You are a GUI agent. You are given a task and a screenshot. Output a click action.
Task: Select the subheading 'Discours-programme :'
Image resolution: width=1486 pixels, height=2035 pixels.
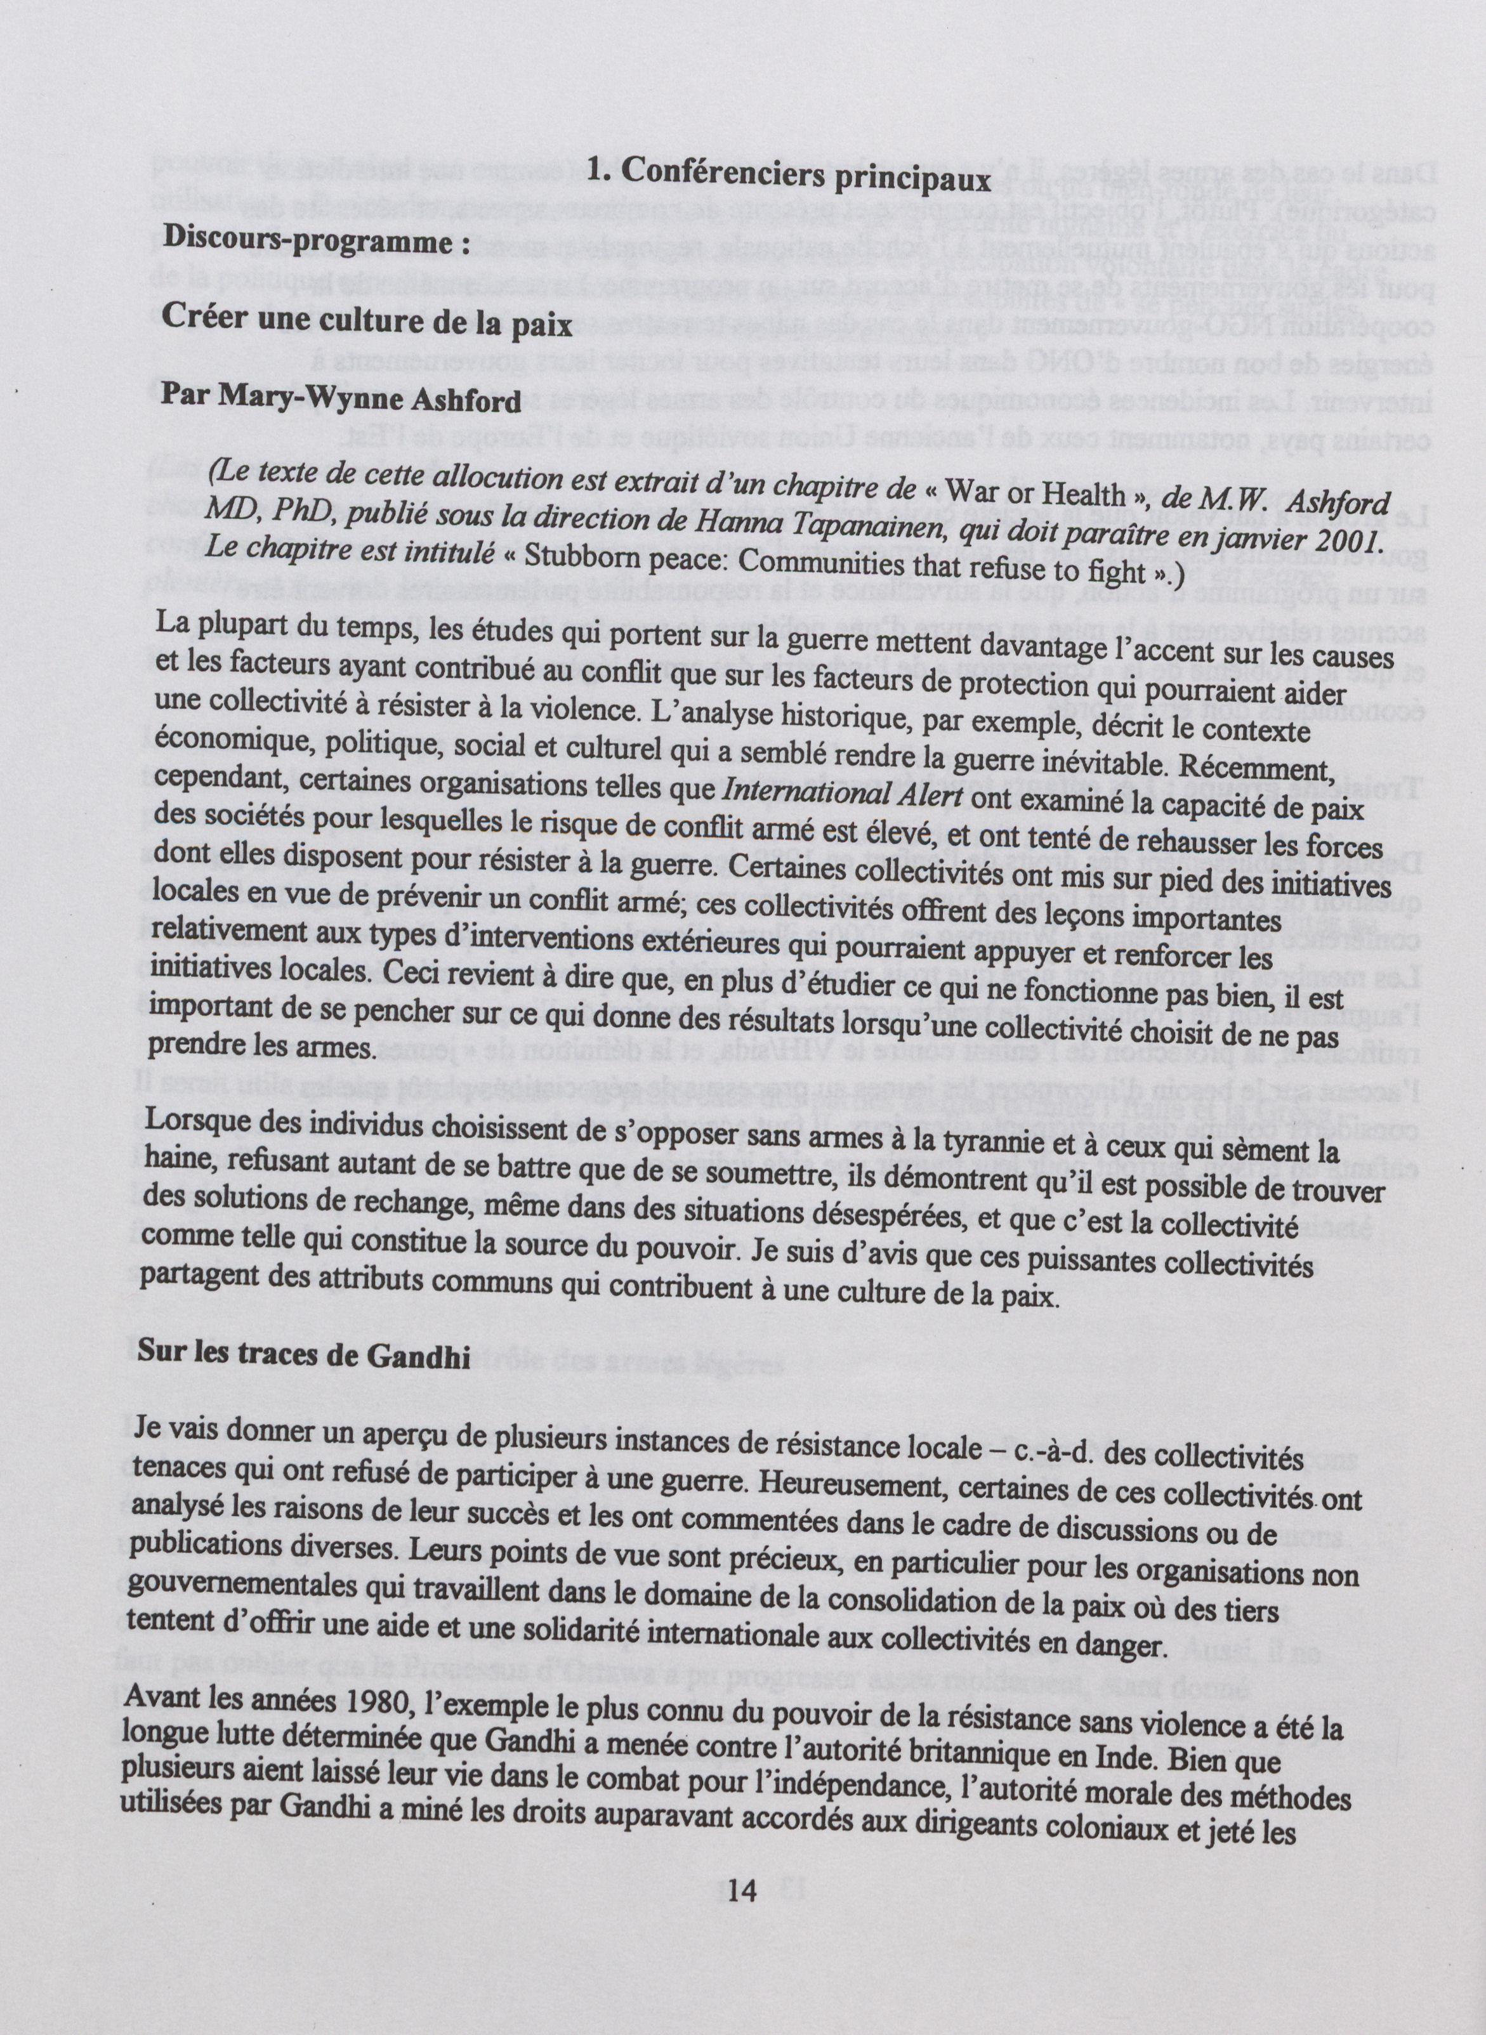[317, 242]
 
